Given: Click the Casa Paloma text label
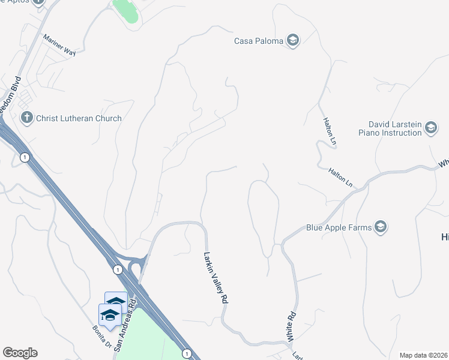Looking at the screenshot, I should [x=259, y=41].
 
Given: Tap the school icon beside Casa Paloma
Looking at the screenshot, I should [x=293, y=41].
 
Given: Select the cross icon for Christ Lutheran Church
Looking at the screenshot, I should [x=26, y=118].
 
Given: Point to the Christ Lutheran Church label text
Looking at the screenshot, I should [x=79, y=118].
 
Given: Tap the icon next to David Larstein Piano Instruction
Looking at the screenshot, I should [x=430, y=128].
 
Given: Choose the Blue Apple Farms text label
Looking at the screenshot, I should [x=338, y=227].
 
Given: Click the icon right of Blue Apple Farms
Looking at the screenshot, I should [x=380, y=227].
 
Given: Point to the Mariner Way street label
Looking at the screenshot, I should [x=59, y=45].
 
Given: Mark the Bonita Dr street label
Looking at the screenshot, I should [x=101, y=336].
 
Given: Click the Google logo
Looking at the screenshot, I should [x=20, y=353].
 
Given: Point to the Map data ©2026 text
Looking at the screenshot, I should [x=423, y=355].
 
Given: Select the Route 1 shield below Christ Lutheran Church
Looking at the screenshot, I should [x=24, y=157].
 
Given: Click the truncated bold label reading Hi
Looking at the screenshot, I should [x=445, y=237].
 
